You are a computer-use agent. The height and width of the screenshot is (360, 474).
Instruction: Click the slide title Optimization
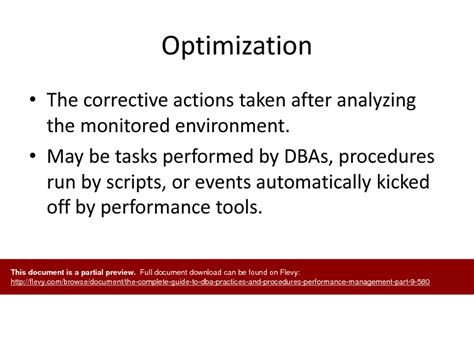tap(237, 47)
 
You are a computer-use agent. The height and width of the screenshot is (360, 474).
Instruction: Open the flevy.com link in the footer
tap(220, 282)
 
